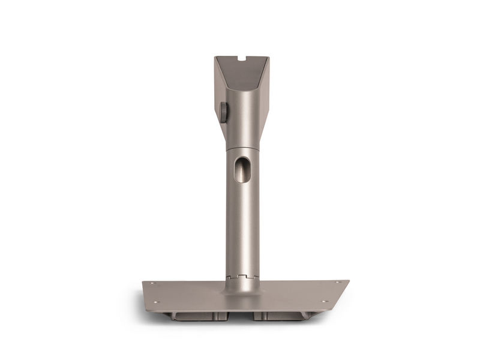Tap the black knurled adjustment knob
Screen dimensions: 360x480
coord(223,112)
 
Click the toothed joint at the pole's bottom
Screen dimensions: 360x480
coord(242,277)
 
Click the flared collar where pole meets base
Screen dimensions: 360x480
coord(242,287)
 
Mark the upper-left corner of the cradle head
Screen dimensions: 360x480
coord(215,58)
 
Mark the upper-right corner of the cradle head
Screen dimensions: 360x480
coord(269,58)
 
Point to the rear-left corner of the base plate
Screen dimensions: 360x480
coord(143,283)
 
